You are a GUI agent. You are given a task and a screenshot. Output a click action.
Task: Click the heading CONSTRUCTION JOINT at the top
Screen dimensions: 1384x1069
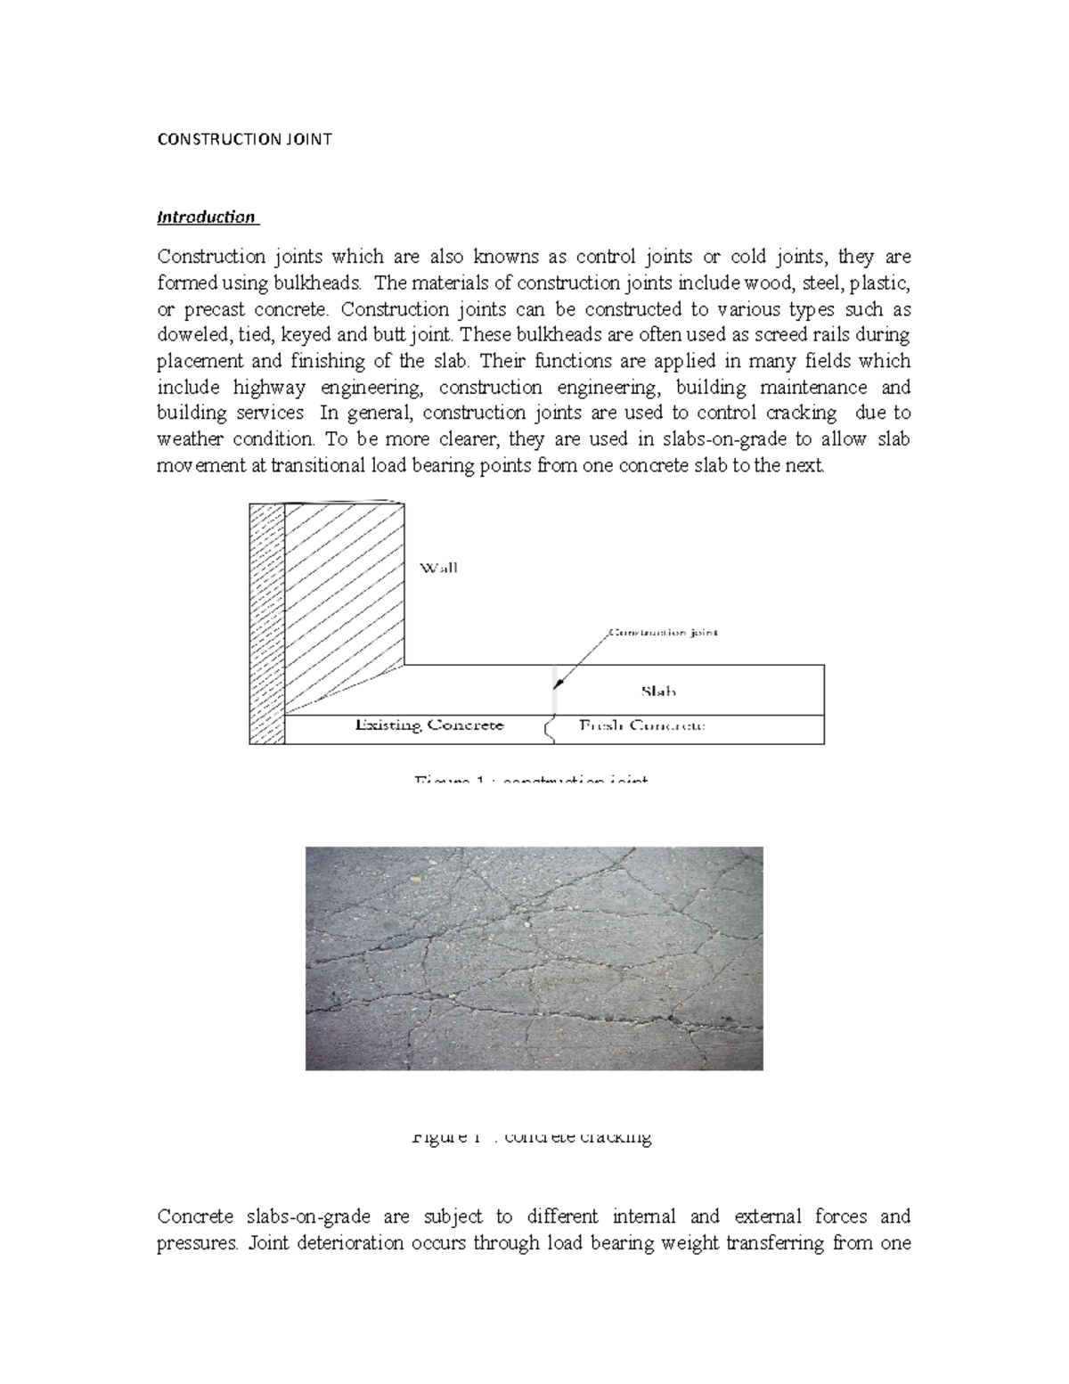(x=244, y=140)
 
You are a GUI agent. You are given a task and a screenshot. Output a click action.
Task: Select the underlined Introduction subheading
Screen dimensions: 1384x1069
(x=206, y=217)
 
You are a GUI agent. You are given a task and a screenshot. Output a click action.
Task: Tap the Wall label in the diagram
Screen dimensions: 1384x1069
(x=438, y=568)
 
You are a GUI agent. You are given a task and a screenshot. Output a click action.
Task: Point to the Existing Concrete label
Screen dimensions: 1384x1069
(x=429, y=725)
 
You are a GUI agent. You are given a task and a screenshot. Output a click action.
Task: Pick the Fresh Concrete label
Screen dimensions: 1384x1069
(x=642, y=725)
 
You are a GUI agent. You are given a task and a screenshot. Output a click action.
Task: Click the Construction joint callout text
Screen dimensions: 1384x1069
(x=662, y=633)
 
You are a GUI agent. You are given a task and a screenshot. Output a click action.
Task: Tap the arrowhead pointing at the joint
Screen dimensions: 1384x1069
(x=559, y=684)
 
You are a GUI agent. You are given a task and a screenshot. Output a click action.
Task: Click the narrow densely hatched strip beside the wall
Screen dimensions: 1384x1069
(x=266, y=624)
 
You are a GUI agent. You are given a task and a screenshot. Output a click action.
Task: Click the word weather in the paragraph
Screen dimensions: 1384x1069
(x=189, y=439)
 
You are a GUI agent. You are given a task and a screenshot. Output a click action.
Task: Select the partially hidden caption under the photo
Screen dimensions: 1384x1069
(x=532, y=1137)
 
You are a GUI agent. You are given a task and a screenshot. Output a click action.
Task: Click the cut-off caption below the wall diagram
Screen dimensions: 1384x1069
(x=531, y=781)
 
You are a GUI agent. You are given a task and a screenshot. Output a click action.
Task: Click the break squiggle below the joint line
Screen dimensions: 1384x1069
(x=548, y=730)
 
